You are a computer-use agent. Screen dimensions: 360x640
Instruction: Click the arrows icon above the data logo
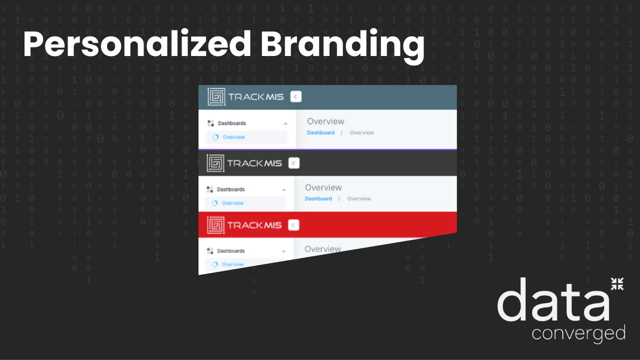617,284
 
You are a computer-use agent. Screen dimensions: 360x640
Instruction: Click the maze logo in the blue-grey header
216,96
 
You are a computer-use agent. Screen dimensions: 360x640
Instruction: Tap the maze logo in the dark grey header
215,163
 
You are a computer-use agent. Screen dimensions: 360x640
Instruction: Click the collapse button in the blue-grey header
296,96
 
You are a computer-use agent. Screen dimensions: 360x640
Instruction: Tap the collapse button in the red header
293,225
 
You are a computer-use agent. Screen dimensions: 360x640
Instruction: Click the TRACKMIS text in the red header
254,225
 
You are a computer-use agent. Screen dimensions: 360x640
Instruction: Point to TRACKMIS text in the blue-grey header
256,97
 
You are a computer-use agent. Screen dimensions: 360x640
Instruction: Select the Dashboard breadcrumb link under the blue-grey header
320,132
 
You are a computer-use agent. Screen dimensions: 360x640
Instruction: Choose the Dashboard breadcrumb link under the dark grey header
318,198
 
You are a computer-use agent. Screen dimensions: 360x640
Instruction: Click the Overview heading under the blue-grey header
325,121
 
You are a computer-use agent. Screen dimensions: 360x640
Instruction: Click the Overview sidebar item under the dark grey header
232,203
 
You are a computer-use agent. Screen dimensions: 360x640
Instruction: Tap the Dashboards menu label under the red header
230,251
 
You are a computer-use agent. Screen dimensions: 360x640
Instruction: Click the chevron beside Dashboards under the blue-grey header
285,123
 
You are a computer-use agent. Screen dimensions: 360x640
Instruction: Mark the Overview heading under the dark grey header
323,187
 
